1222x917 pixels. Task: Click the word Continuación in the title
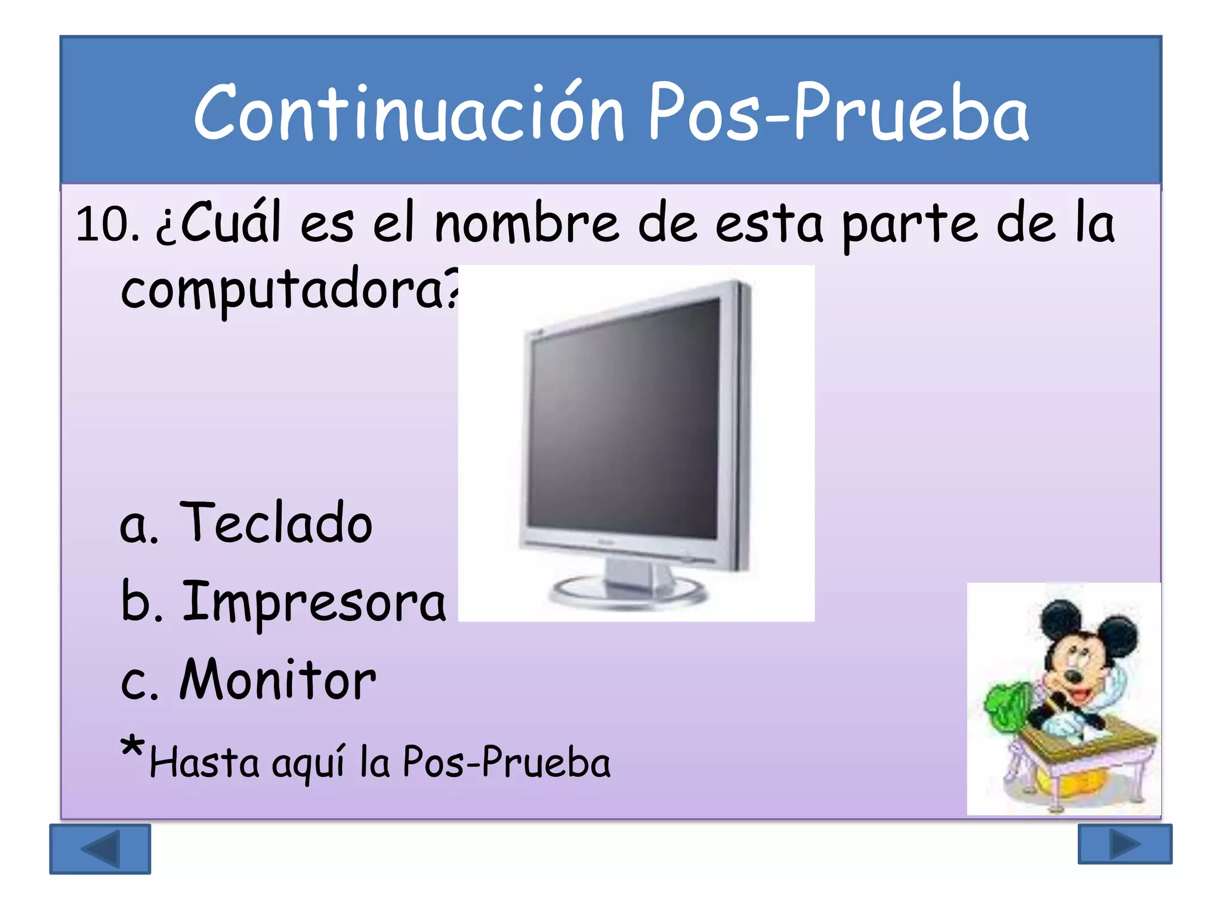408,113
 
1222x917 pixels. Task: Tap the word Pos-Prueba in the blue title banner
838,113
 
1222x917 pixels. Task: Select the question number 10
106,224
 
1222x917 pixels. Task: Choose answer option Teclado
276,523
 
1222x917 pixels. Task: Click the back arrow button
100,848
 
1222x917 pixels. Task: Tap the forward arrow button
1125,844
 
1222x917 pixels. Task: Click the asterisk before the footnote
132,747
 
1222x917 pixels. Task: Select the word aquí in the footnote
308,764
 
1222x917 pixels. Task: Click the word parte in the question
909,224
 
